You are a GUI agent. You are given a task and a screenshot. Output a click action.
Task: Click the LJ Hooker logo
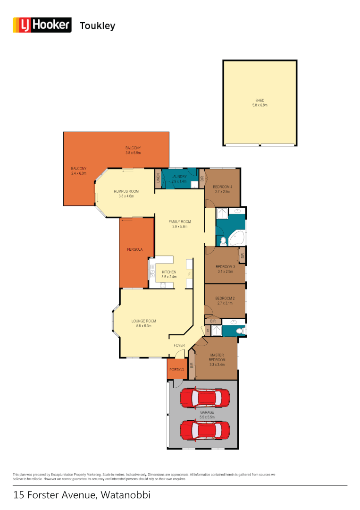pos(42,25)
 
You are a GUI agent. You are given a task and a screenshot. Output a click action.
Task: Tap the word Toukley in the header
pos(98,26)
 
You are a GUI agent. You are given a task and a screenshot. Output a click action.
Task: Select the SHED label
pos(260,101)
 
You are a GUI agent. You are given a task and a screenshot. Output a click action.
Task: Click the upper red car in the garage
pos(205,398)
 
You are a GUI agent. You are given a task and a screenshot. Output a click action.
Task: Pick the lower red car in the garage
pos(205,430)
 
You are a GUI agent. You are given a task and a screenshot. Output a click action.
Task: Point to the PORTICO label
pos(177,370)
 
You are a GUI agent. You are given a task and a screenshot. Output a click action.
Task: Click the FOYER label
pos(179,345)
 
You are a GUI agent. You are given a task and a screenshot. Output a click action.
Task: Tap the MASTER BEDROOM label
pos(217,357)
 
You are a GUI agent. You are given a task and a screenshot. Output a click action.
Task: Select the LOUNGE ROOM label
pos(143,321)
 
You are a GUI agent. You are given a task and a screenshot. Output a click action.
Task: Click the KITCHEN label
pos(169,272)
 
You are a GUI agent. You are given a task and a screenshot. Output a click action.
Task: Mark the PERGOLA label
pos(134,249)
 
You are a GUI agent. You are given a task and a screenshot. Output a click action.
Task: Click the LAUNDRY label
pos(179,177)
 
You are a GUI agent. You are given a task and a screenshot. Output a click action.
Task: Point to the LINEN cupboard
pos(158,179)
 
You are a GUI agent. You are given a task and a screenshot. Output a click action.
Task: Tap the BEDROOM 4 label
pos(223,187)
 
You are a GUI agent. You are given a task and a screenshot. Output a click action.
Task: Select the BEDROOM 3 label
pos(226,267)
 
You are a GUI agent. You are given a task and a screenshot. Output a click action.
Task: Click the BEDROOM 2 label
pos(225,298)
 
